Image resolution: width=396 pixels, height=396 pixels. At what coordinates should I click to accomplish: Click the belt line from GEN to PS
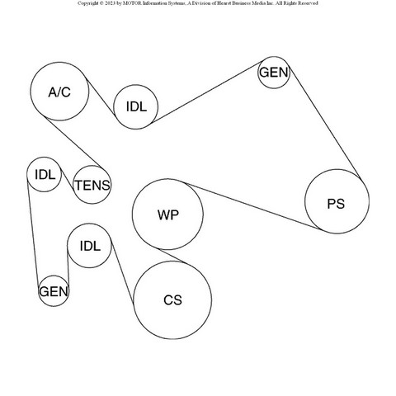point(324,122)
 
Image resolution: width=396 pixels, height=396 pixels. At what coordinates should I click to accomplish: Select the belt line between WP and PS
point(252,205)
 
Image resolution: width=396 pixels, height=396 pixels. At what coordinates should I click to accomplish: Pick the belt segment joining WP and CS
point(173,257)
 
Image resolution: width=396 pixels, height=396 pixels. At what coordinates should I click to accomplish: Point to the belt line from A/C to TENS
point(75,143)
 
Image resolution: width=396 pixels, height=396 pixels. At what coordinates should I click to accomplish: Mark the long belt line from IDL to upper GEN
point(207,92)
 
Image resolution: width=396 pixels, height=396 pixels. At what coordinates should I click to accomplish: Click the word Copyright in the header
point(87,3)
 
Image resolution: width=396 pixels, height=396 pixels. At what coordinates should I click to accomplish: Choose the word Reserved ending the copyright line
point(308,3)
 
